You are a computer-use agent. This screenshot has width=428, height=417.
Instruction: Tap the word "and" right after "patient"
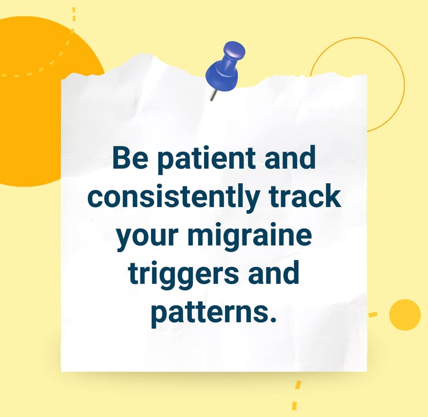click(290, 157)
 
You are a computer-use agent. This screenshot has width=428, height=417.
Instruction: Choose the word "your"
click(147, 237)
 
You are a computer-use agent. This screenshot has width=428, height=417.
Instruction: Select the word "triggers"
click(183, 275)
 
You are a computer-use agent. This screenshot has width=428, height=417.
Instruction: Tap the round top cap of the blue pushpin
click(234, 50)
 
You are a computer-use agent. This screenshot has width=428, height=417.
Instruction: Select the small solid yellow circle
click(405, 315)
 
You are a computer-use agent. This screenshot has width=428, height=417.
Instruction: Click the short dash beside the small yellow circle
click(373, 315)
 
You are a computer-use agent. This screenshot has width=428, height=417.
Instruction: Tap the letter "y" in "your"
click(125, 239)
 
